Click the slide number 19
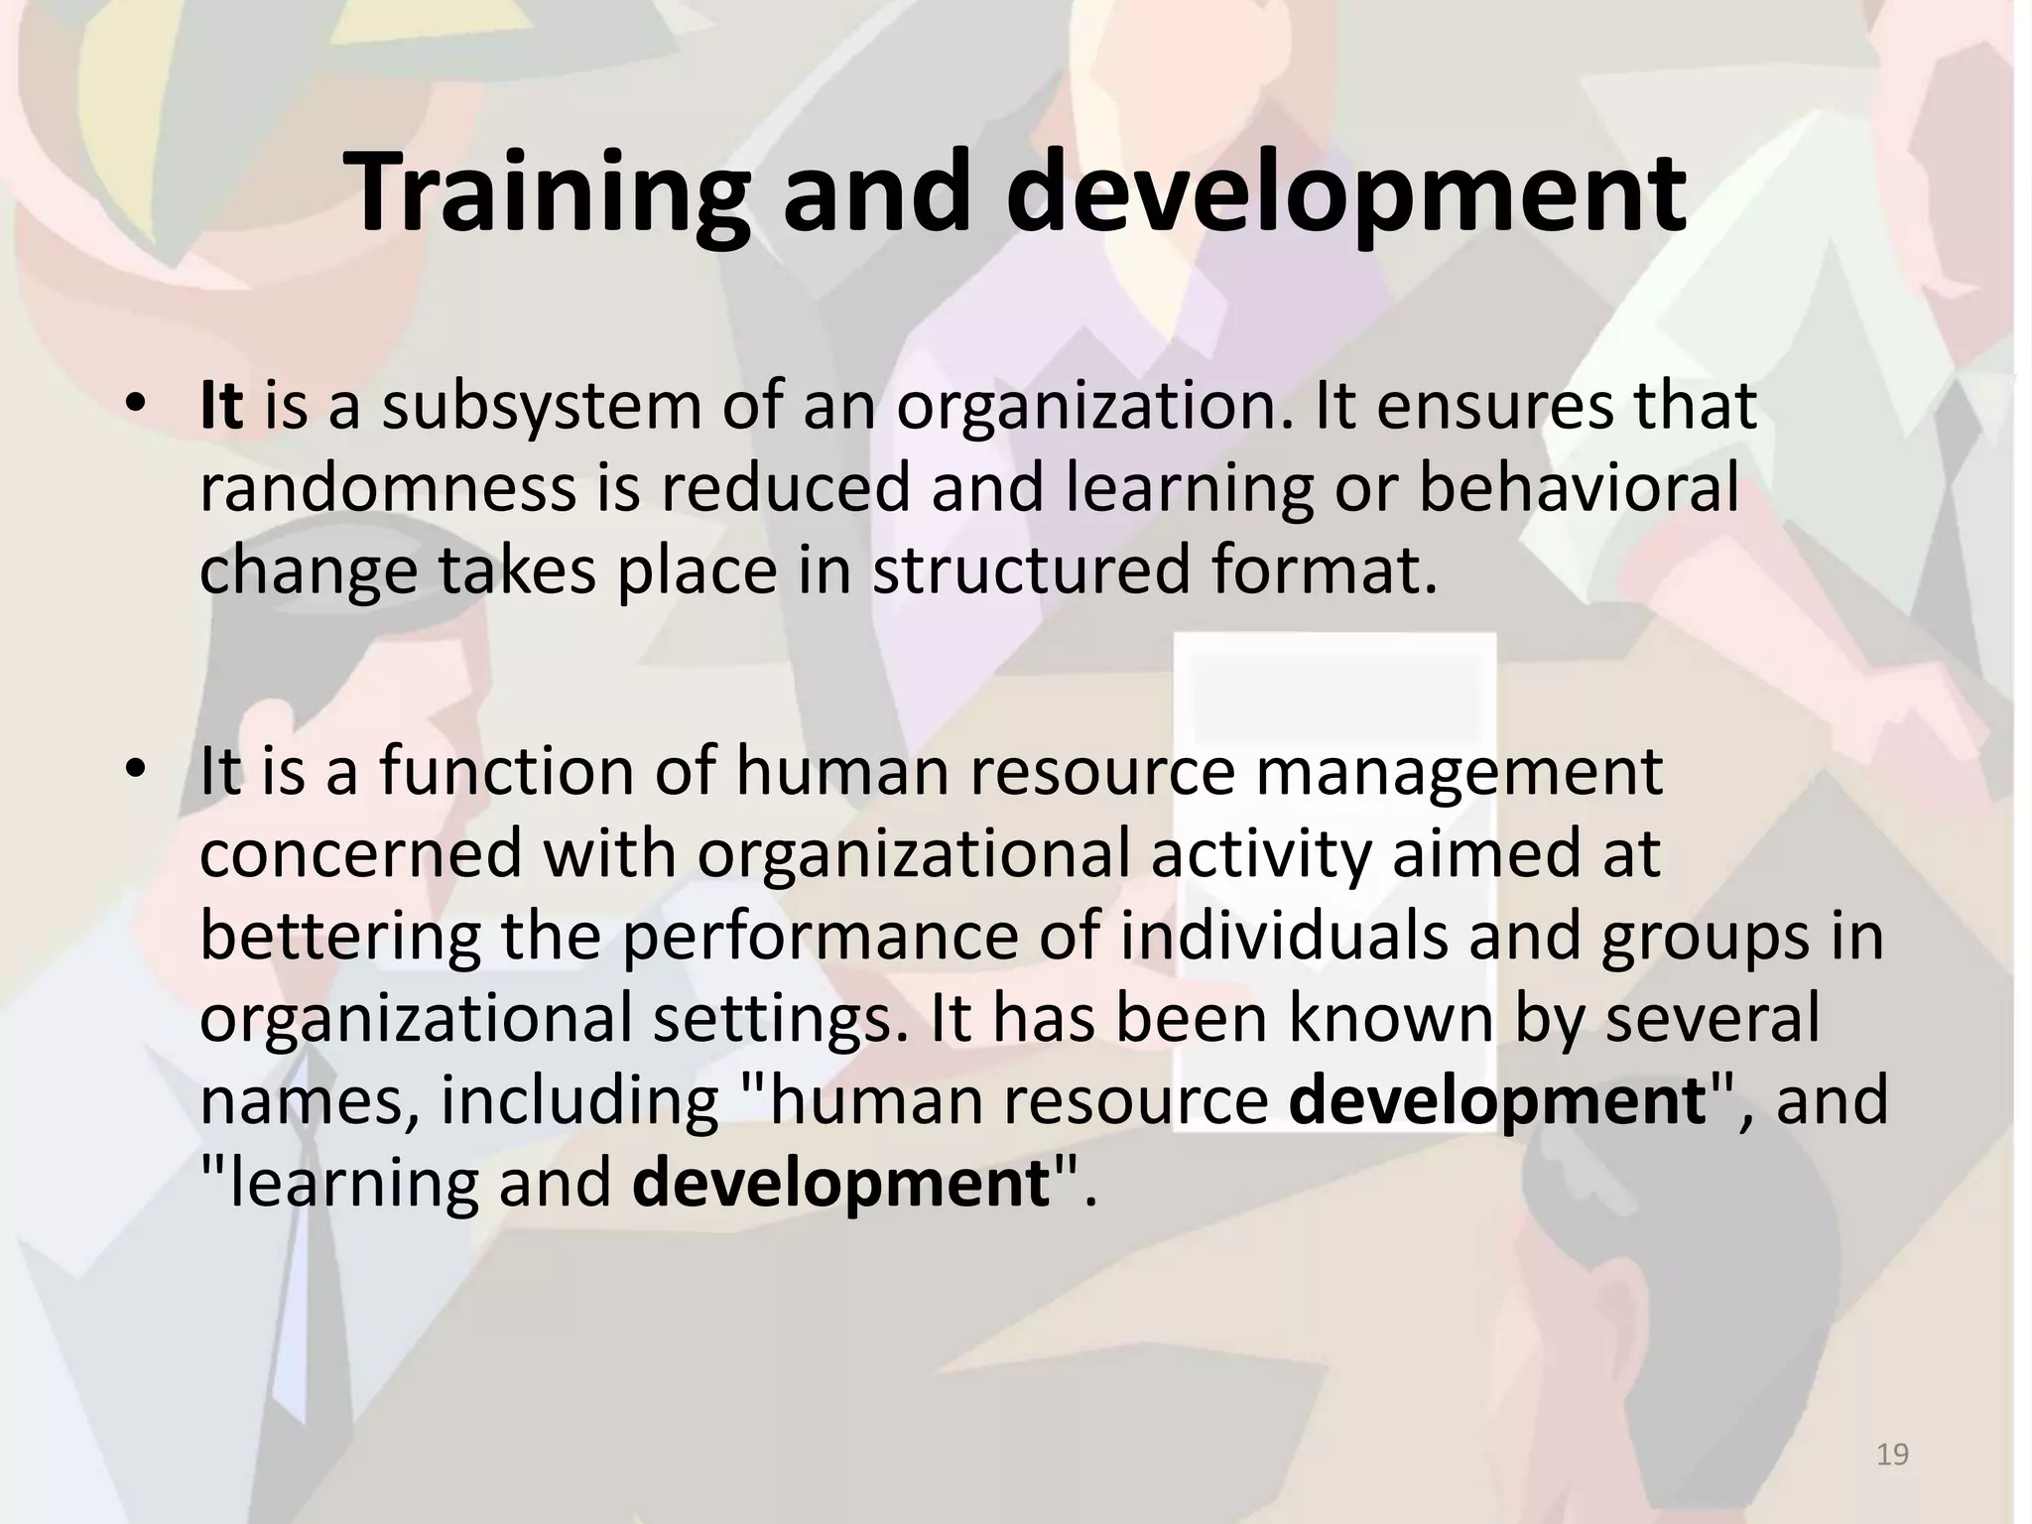pos(1893,1456)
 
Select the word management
pos(1460,771)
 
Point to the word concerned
pos(361,853)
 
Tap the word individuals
pos(1285,936)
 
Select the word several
pos(1713,1018)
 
